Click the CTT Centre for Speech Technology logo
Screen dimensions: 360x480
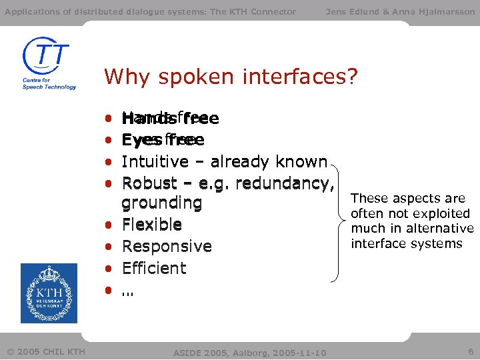49,63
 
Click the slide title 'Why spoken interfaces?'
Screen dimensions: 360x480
231,77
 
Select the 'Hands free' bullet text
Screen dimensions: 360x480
170,119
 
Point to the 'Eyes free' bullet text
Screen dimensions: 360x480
163,140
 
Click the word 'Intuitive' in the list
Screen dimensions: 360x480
155,162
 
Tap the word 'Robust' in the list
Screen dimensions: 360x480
149,183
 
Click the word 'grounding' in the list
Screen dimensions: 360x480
161,203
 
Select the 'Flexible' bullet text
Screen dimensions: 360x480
152,224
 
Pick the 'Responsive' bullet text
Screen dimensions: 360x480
167,246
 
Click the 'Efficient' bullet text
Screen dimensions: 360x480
154,268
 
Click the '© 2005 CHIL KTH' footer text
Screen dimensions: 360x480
45,351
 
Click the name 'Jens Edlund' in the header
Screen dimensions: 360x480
350,11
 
